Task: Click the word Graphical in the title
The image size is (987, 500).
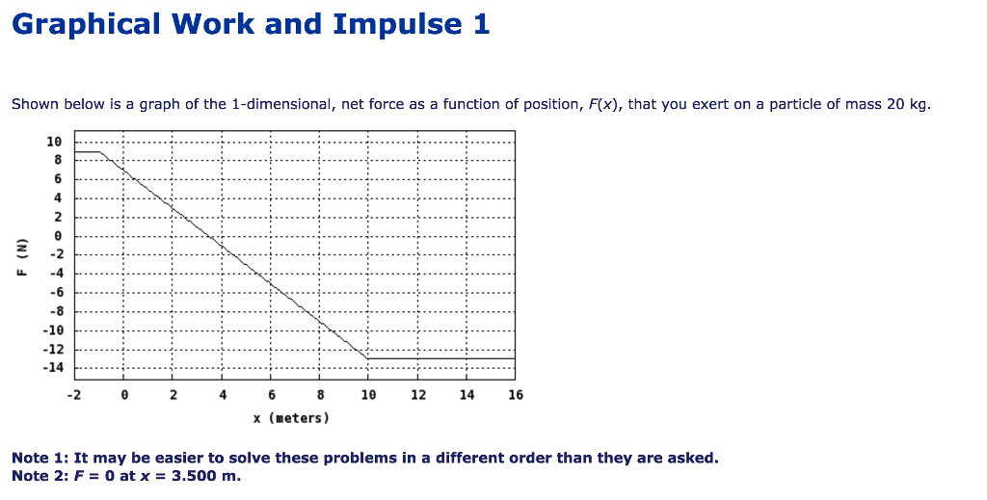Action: point(86,24)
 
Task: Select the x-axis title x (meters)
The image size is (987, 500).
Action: point(291,418)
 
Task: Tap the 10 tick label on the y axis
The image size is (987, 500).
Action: point(55,142)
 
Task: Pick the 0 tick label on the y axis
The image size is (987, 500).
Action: point(58,236)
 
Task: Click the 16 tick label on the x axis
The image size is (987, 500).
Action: point(516,395)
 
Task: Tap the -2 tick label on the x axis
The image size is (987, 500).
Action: point(73,395)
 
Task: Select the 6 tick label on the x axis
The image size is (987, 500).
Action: point(272,395)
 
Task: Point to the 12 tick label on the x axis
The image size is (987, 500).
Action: point(417,395)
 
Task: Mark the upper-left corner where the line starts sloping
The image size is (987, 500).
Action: point(101,151)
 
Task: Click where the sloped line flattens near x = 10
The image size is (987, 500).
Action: point(368,358)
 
